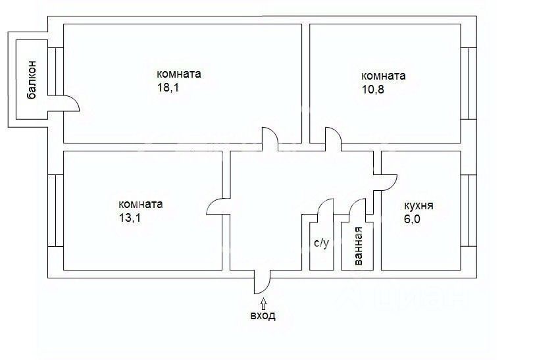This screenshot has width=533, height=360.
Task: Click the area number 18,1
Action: coord(167,88)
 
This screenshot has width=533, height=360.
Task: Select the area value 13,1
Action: coord(130,218)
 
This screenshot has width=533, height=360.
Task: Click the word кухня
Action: coord(419,205)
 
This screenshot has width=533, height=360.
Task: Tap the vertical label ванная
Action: coord(358,246)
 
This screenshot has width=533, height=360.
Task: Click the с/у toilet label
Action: coord(321,244)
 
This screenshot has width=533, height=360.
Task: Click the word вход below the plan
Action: coord(263,316)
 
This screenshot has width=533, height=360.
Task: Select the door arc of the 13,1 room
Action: coord(215,207)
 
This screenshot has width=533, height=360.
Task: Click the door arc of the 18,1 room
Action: coord(270,136)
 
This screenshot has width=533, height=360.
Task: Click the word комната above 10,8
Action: coord(383,76)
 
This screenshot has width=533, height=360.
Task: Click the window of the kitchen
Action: coord(468,210)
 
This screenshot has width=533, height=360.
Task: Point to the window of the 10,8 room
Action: coord(468,83)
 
